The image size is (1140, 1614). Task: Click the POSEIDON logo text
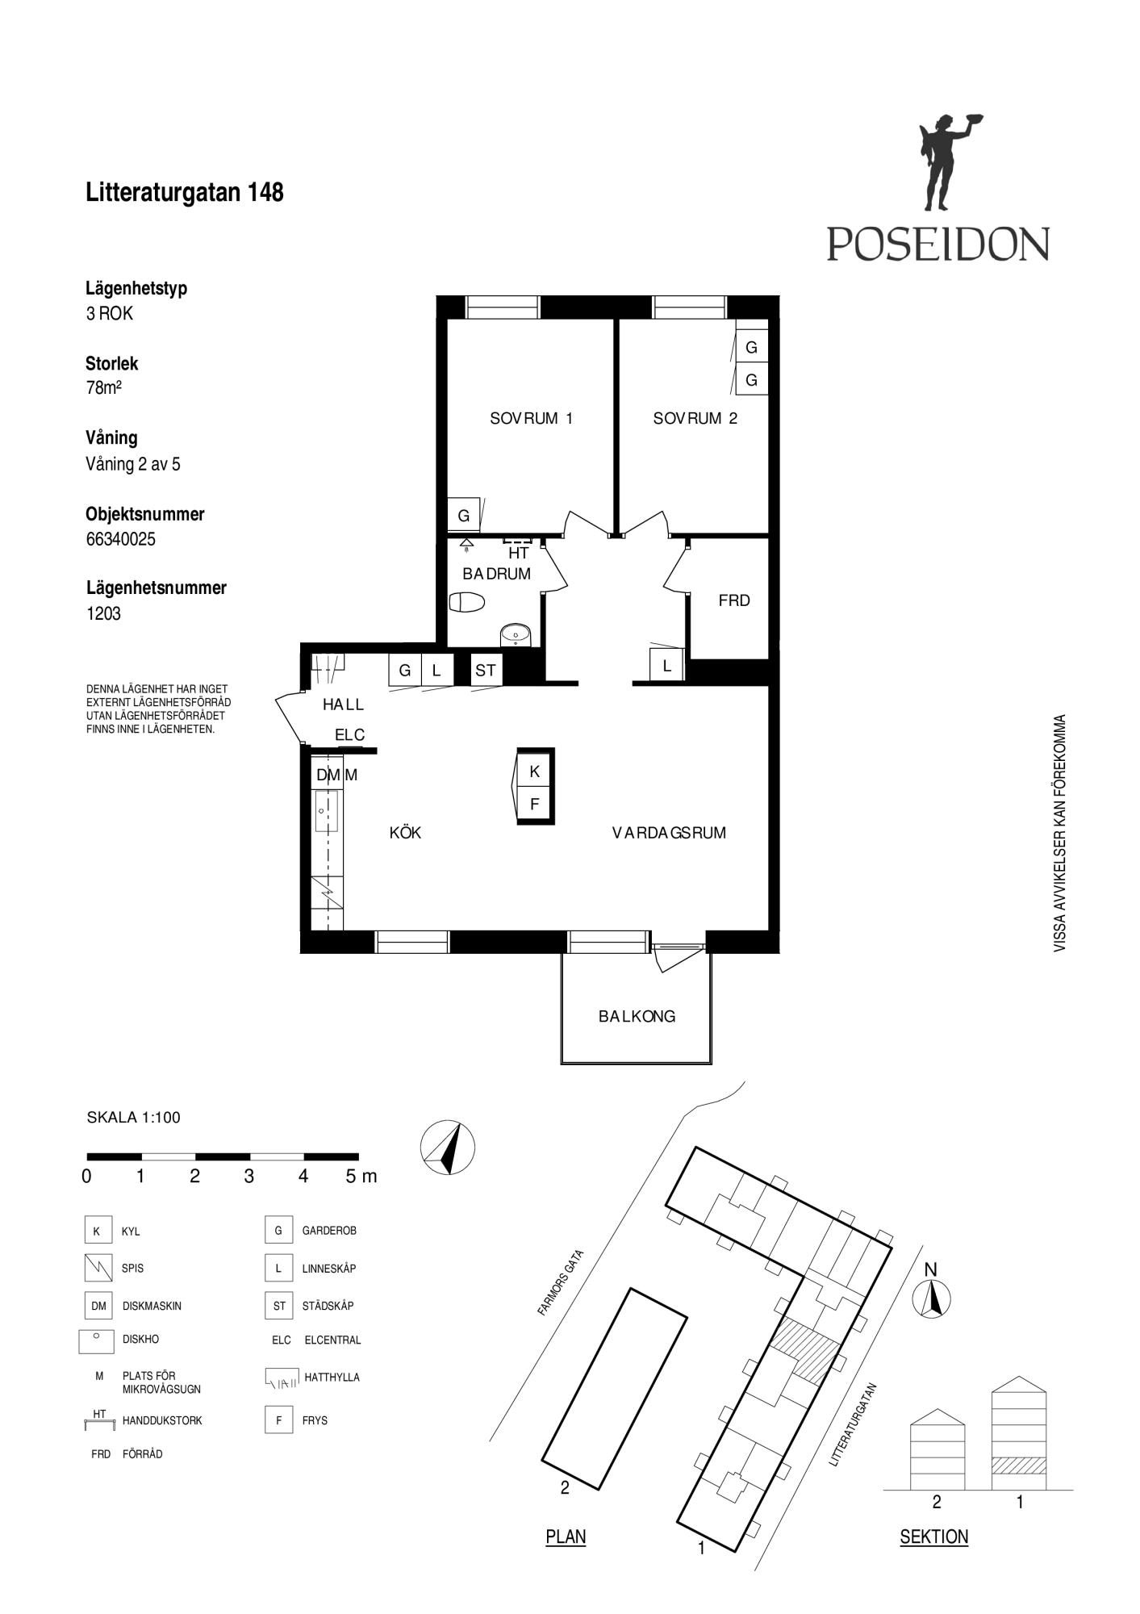tap(937, 244)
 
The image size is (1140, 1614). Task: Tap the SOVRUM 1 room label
tap(531, 418)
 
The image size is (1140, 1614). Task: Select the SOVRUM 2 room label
tap(695, 418)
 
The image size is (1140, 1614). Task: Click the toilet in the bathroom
tap(466, 602)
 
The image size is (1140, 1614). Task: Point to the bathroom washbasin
tap(514, 635)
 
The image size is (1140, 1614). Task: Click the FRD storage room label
tap(734, 600)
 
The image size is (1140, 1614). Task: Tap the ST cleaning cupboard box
tap(486, 670)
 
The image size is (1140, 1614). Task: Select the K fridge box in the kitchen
tap(534, 771)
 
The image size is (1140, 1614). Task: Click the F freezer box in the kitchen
tap(534, 805)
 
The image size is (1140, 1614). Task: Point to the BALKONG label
tap(637, 1017)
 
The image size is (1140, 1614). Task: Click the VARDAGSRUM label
tap(669, 833)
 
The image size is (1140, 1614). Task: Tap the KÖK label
tap(405, 832)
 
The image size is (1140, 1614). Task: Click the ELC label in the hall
tap(350, 735)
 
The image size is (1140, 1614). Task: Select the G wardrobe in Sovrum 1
tap(464, 515)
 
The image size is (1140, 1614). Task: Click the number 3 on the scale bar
tap(248, 1177)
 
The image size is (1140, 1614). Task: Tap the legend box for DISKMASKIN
tap(98, 1306)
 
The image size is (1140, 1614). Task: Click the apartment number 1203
tap(103, 613)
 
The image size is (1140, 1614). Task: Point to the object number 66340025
tap(120, 539)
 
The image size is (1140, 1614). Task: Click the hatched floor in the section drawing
tap(1018, 1466)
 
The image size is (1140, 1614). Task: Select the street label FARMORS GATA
tap(561, 1283)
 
